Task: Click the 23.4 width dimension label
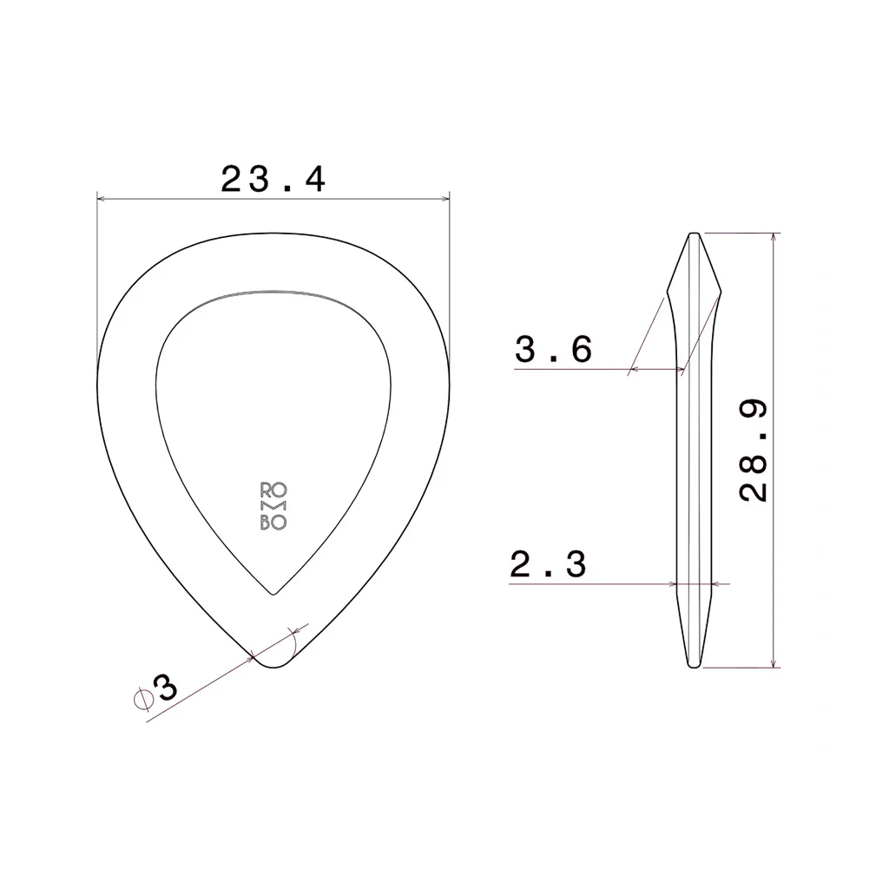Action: (x=273, y=180)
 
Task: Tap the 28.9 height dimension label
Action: (x=754, y=451)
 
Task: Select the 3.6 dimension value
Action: (x=554, y=350)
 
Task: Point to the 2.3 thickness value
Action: (x=548, y=565)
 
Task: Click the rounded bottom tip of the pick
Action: (x=273, y=664)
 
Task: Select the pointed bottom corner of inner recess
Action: (x=273, y=595)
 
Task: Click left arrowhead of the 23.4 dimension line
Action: (x=99, y=200)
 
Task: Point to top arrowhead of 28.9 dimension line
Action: (x=772, y=236)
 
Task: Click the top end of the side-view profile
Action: (x=695, y=234)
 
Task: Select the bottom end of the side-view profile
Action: (x=695, y=667)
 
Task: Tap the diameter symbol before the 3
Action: (x=142, y=699)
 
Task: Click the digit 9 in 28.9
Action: (x=754, y=412)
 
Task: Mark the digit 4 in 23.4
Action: (x=313, y=180)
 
